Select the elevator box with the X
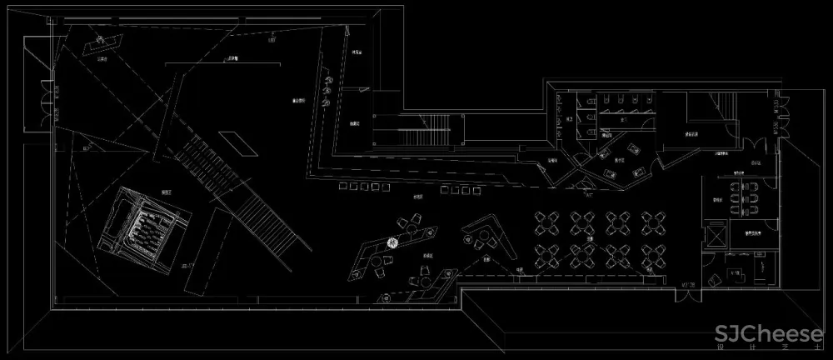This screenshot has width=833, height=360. pos(714,235)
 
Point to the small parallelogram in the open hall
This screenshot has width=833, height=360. pos(237,142)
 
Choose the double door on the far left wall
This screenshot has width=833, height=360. pos(39,104)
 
